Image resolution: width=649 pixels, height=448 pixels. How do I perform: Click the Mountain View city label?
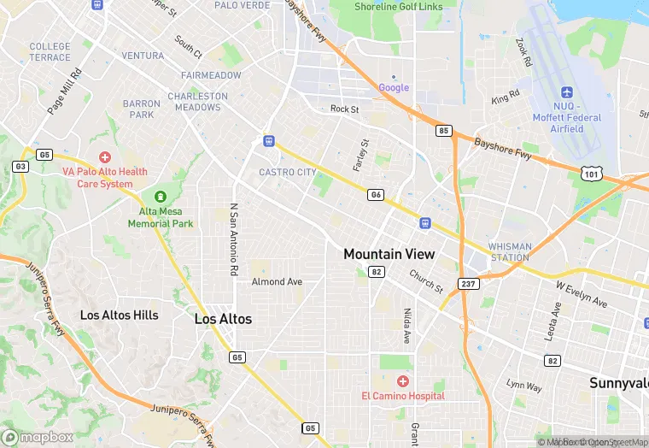[x=389, y=254]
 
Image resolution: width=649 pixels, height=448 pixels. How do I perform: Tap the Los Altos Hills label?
[x=119, y=315]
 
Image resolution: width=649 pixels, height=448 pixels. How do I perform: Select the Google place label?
[x=394, y=87]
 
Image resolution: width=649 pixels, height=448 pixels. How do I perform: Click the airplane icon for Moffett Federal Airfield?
[x=565, y=92]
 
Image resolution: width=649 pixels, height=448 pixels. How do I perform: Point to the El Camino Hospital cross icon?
[x=402, y=380]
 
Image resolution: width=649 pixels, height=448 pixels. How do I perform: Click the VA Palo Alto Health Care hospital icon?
[x=105, y=157]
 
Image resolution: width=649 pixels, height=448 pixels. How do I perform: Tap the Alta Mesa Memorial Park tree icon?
[x=157, y=197]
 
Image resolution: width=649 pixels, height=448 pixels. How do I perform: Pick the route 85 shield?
[x=442, y=131]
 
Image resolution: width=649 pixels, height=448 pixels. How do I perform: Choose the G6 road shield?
[x=376, y=195]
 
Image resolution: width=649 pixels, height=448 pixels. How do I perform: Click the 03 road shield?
[x=20, y=166]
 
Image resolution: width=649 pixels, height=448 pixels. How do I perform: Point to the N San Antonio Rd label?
[x=233, y=239]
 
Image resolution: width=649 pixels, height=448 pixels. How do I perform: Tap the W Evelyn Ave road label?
[x=581, y=294]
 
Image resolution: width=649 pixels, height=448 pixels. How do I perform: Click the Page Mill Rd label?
[x=64, y=91]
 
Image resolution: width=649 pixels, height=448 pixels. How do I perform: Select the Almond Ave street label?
[x=277, y=281]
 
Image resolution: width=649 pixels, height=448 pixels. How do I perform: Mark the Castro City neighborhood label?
[x=288, y=173]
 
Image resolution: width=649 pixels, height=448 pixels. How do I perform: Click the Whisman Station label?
[x=510, y=251]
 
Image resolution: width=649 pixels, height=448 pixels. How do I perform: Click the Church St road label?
[x=426, y=281]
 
